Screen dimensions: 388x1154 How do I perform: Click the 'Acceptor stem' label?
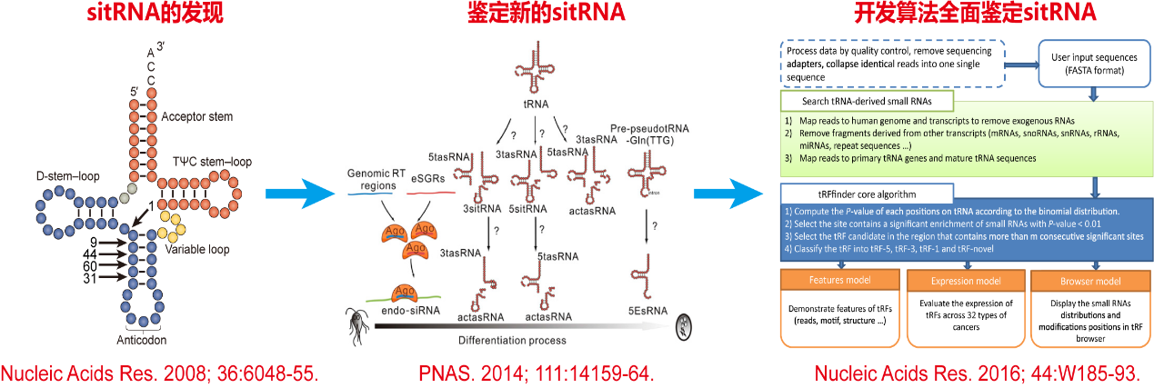(196, 116)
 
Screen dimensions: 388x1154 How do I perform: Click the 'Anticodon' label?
(141, 342)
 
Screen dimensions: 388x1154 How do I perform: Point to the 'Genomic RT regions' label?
(376, 180)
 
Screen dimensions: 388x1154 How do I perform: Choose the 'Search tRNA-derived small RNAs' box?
(867, 101)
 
